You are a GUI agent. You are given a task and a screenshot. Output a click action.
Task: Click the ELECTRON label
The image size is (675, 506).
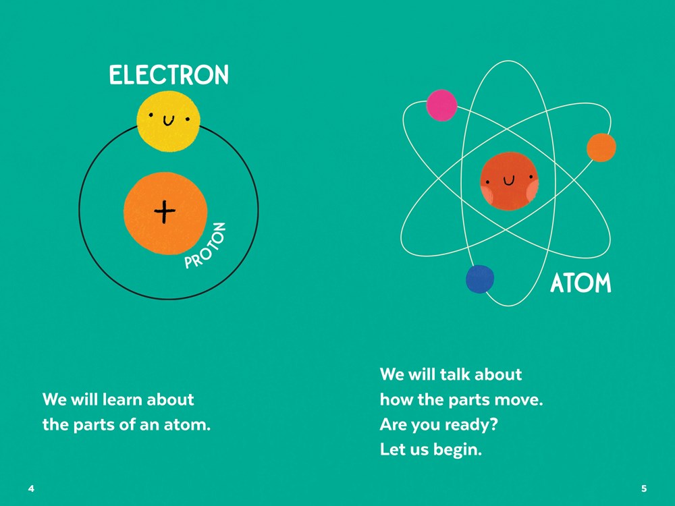169,75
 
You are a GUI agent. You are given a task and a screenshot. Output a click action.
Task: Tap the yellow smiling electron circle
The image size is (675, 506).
168,121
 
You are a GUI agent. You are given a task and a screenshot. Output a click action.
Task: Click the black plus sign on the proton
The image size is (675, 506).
165,213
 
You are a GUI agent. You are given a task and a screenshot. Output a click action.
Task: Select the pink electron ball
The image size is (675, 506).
441,105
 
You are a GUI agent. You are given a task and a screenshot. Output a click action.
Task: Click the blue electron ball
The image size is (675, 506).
480,279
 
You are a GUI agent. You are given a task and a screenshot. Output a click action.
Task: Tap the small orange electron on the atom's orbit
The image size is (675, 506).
601,148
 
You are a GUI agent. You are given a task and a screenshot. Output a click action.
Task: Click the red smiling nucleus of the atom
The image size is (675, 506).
510,181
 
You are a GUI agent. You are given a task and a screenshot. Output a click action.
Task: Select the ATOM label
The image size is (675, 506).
580,284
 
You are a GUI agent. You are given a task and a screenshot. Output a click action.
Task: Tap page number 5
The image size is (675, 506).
644,488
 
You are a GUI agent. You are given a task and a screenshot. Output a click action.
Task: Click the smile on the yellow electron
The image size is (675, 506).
169,121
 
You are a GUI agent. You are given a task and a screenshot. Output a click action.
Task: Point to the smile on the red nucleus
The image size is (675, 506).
509,181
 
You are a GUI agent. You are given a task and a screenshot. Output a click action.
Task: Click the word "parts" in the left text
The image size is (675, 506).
93,426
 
